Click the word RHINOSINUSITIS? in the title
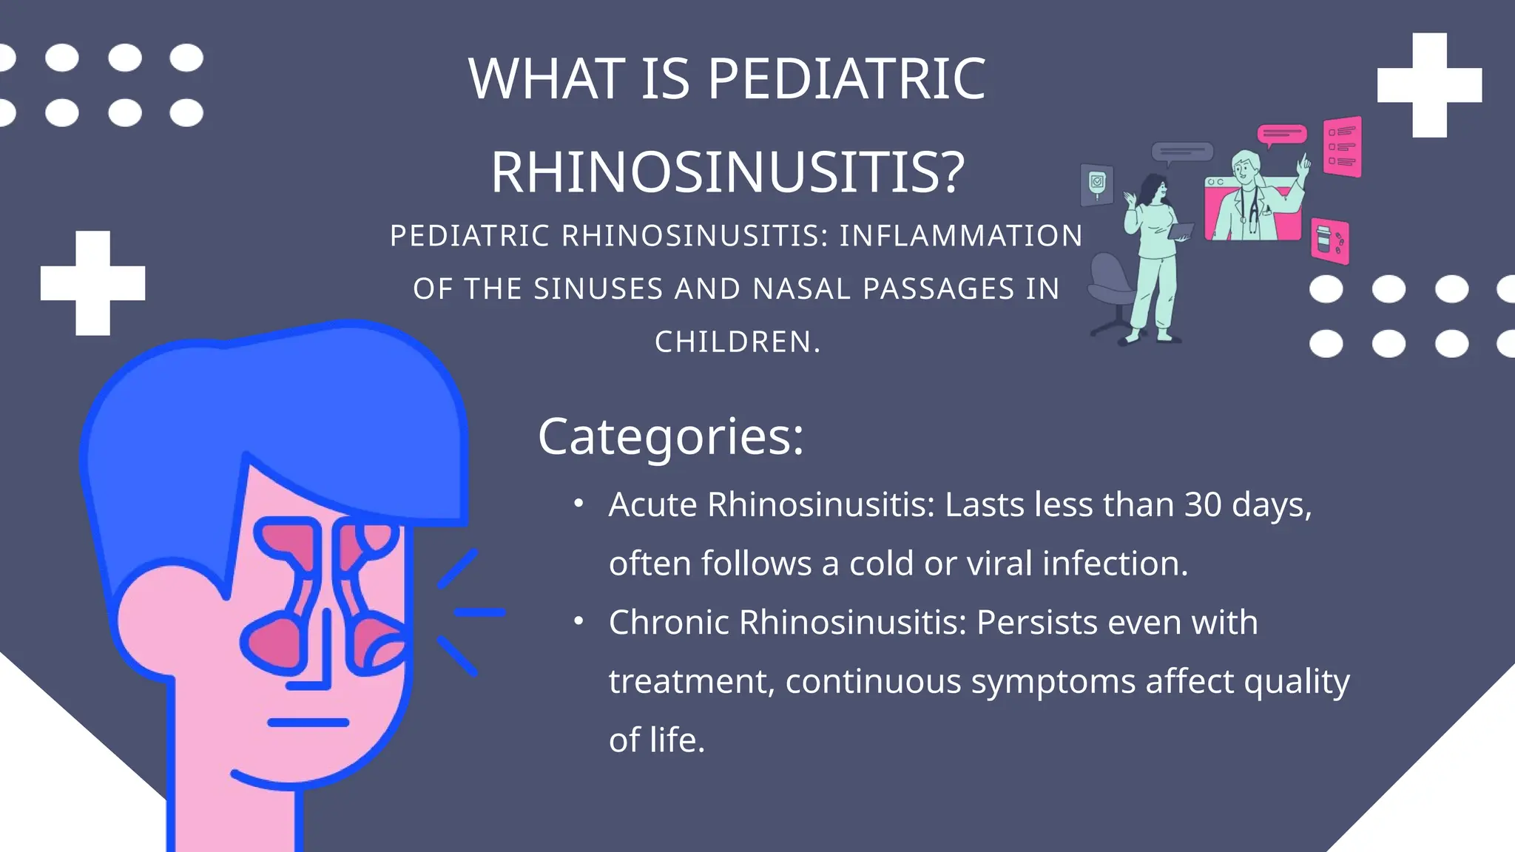728,172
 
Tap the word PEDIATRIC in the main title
847,79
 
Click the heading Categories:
670,436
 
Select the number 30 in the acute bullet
1203,505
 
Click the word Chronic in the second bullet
669,623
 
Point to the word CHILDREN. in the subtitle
738,342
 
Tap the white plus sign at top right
1429,85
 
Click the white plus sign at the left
93,283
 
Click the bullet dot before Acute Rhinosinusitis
579,504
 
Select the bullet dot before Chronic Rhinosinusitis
579,622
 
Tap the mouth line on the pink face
308,723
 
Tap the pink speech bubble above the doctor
1282,135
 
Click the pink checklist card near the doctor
1342,146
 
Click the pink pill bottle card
1329,241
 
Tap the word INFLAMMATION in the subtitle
960,236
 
